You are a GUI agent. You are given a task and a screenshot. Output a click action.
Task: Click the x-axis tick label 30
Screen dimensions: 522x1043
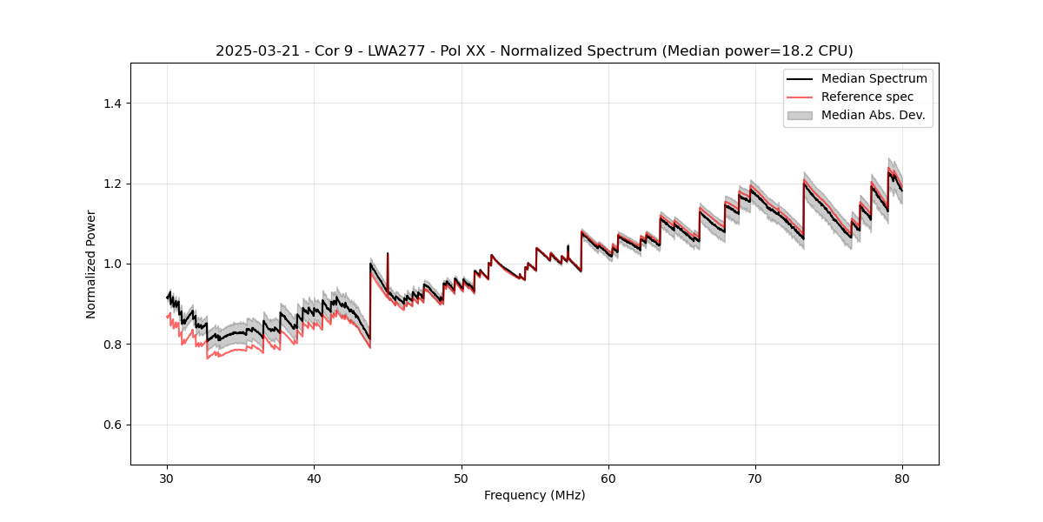[x=167, y=478]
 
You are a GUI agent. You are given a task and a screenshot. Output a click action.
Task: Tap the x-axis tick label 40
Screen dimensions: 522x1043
[x=314, y=478]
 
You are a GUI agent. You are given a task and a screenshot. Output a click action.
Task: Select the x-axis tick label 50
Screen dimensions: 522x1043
[x=462, y=478]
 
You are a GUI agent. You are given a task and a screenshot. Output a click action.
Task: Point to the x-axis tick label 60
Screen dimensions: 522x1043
[x=608, y=478]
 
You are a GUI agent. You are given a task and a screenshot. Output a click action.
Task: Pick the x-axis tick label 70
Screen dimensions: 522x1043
[x=755, y=478]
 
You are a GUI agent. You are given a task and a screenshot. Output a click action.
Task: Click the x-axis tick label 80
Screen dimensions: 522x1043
[x=902, y=478]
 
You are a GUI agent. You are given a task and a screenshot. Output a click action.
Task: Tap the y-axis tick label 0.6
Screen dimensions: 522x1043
[x=112, y=425]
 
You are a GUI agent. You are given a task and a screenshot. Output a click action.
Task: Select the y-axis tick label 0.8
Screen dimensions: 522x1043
[x=112, y=345]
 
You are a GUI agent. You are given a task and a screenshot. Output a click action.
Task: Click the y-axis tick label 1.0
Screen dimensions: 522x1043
[x=112, y=264]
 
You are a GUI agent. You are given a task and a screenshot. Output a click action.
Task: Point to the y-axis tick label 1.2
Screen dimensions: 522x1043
[x=112, y=184]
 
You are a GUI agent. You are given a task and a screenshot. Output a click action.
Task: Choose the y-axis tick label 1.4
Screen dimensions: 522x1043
[x=112, y=104]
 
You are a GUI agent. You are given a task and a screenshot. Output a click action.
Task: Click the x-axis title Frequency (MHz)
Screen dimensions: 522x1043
[x=535, y=495]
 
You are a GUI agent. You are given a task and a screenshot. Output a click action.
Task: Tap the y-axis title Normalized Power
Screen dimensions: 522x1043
[x=91, y=264]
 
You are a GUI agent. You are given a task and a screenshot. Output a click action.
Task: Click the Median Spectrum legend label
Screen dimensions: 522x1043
[x=874, y=78]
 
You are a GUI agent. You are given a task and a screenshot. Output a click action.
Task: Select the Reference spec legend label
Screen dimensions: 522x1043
[x=867, y=97]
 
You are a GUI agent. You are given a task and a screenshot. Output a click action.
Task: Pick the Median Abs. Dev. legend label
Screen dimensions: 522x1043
[x=873, y=115]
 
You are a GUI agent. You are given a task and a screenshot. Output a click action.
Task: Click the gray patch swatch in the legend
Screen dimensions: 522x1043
[x=800, y=115]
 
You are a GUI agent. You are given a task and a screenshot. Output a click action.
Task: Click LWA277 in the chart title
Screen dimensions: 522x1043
[x=392, y=51]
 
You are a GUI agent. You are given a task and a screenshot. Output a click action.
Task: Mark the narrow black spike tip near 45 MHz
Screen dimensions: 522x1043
[x=387, y=253]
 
